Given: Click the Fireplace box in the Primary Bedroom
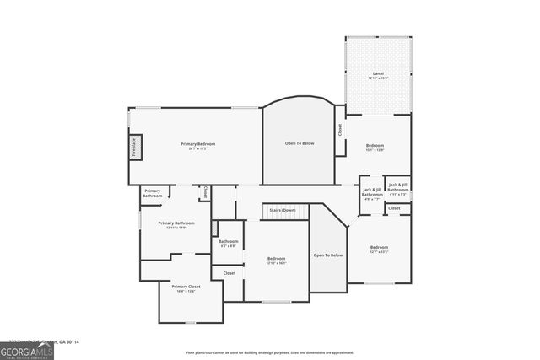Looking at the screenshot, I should tap(135, 147).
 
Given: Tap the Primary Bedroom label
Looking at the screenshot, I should tap(198, 144).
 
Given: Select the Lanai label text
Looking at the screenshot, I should tap(378, 74).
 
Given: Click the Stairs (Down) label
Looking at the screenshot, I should tap(282, 209).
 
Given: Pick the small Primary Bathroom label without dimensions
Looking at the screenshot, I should tap(152, 193).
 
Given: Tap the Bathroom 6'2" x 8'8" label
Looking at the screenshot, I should tap(228, 242).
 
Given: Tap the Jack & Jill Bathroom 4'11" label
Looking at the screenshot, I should tap(398, 188).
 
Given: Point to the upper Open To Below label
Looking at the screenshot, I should tap(299, 143).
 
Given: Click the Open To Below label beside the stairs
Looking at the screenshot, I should tap(328, 255).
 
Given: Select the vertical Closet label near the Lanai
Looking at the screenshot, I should tap(340, 131).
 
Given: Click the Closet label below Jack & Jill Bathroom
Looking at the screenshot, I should tap(394, 207).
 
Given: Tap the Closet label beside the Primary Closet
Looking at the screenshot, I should tap(229, 273).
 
